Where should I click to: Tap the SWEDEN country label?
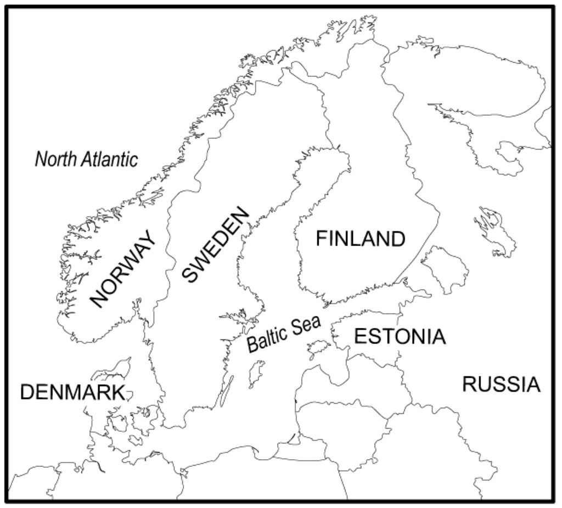[215, 246]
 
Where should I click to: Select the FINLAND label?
[361, 239]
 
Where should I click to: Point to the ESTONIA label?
[399, 336]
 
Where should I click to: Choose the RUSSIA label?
[501, 385]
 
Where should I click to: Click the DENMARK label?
[71, 392]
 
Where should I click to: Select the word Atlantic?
[109, 159]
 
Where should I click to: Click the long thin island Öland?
[226, 391]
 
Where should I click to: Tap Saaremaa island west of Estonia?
[319, 347]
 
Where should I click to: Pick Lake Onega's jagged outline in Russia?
[494, 230]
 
